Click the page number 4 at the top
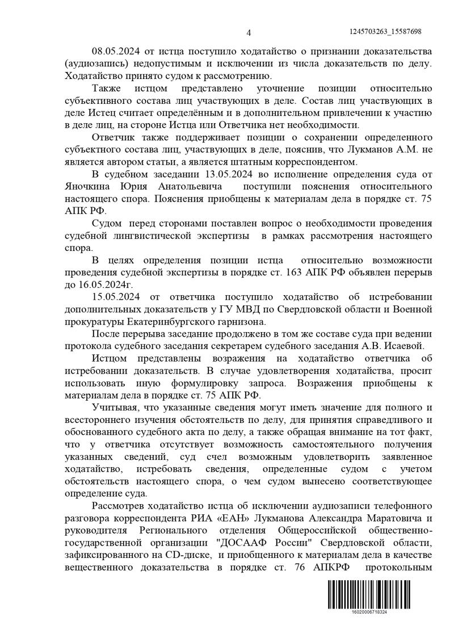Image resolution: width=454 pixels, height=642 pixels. point(249,32)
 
